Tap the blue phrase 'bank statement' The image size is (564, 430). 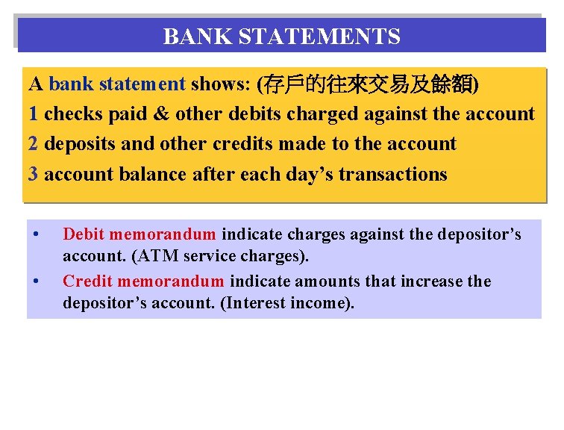[x=117, y=84]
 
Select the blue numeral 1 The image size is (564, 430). [x=34, y=114]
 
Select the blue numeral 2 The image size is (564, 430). [x=34, y=144]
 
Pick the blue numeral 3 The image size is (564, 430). [x=34, y=175]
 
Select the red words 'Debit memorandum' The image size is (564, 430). [x=140, y=234]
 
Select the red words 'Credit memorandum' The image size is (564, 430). [x=143, y=281]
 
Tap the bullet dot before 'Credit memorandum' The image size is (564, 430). [x=37, y=281]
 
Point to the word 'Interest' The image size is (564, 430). [x=257, y=304]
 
